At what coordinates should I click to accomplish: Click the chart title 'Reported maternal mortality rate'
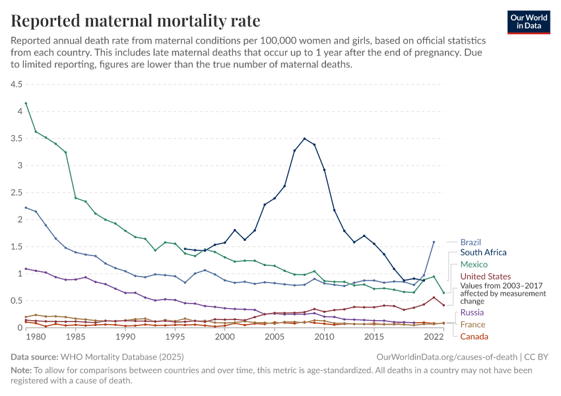[135, 20]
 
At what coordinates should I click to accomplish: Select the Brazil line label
[472, 242]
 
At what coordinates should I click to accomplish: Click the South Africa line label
[483, 253]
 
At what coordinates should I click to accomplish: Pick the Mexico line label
[474, 264]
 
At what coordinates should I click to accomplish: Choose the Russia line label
[472, 312]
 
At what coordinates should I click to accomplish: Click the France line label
[473, 324]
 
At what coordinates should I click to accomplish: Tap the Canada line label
[474, 337]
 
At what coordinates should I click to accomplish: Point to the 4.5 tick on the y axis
[16, 84]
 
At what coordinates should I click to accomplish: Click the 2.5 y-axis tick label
[16, 193]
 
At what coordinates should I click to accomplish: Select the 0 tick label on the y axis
[20, 327]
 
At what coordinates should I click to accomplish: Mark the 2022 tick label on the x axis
[434, 337]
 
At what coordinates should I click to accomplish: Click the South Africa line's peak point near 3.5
[304, 139]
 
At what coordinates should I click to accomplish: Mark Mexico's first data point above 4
[26, 104]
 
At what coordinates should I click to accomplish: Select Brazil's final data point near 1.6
[434, 242]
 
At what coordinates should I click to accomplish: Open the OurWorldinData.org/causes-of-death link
[447, 356]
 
